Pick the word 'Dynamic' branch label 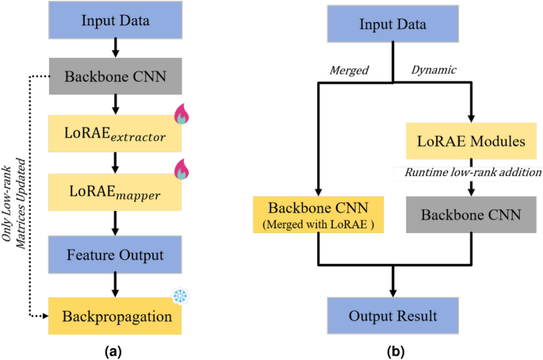pyautogui.click(x=434, y=71)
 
